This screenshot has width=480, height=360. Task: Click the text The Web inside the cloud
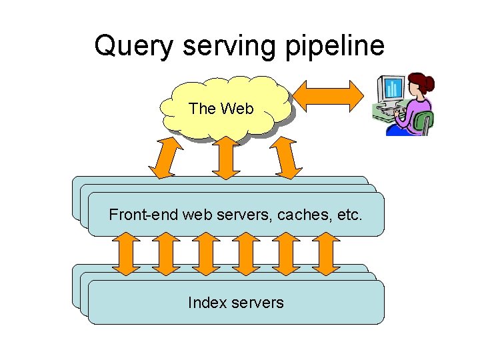pos(221,109)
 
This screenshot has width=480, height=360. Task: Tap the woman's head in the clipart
pos(419,84)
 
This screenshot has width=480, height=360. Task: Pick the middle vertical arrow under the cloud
pos(227,158)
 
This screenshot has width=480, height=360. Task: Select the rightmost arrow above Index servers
pos(326,254)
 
